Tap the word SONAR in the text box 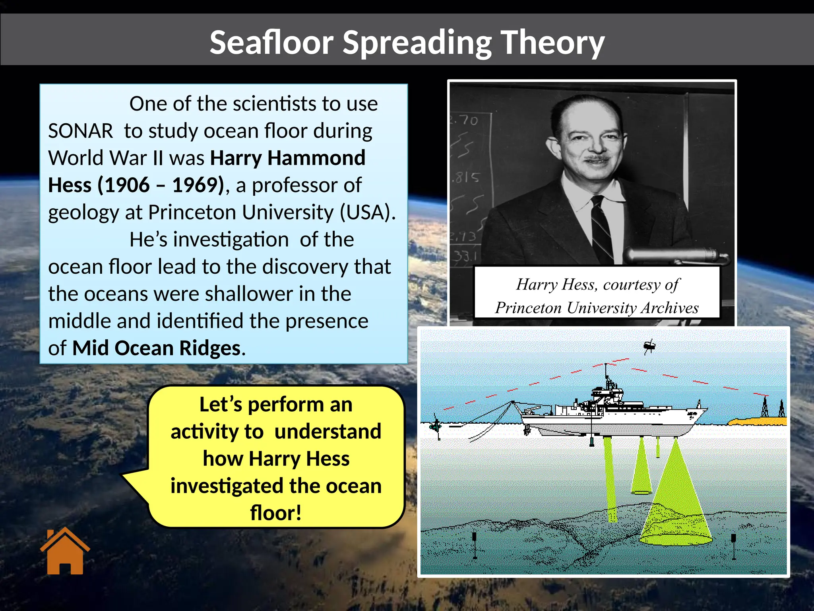pos(81,131)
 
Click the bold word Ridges pos(210,348)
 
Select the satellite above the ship pos(649,346)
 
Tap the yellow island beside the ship pos(755,421)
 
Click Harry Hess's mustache pos(596,158)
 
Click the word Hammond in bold pos(316,158)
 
